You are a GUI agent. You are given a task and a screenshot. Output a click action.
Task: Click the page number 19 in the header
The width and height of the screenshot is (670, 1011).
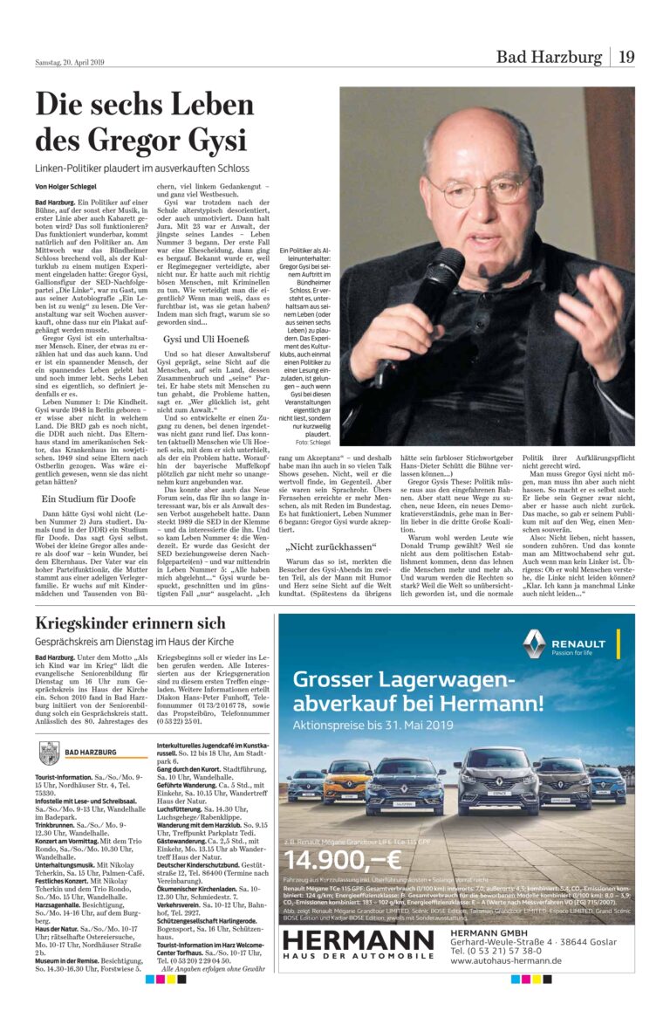pos(626,58)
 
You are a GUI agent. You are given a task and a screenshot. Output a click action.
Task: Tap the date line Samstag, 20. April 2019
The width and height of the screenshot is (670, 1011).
pos(70,62)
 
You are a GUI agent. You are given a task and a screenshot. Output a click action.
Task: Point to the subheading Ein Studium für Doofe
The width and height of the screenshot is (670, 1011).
pos(87,499)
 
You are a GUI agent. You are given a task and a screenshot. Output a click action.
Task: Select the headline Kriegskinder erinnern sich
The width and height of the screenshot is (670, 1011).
pos(130,623)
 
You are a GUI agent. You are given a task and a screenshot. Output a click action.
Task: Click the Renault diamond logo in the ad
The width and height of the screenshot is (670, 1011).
pos(534,644)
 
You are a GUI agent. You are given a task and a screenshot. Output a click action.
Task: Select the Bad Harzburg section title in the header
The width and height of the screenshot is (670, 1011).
pos(549,58)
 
